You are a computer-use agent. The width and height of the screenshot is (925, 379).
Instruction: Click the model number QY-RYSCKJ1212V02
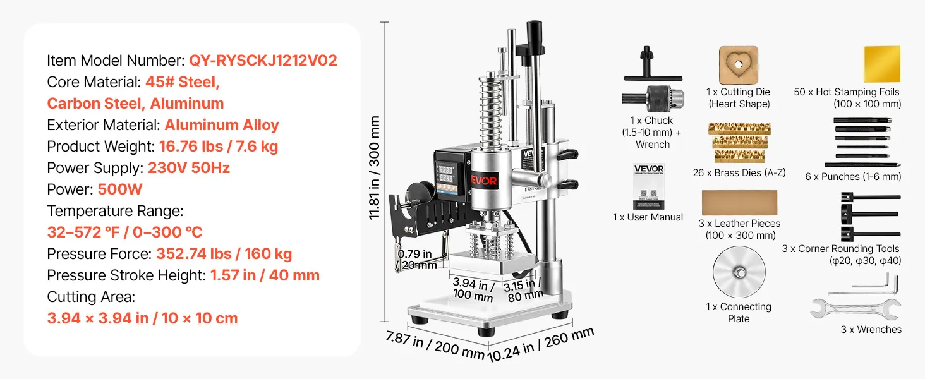point(263,60)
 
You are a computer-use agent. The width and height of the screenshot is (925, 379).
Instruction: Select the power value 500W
point(120,189)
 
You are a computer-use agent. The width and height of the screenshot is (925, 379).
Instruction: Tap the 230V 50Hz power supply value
point(189,167)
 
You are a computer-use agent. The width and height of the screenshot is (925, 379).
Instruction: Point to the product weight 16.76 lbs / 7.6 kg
point(219,146)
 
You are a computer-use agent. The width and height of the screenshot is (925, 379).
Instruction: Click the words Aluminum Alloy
point(222,124)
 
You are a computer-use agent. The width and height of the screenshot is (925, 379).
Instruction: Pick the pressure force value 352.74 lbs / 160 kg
point(224,253)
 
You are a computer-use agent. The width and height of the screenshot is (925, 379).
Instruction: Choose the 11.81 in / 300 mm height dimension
point(374,167)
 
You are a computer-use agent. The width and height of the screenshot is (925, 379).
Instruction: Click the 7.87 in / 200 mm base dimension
point(435,345)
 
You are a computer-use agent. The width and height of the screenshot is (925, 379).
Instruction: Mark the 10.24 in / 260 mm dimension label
point(541,344)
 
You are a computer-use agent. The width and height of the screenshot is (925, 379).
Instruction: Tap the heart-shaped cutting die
point(739,65)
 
